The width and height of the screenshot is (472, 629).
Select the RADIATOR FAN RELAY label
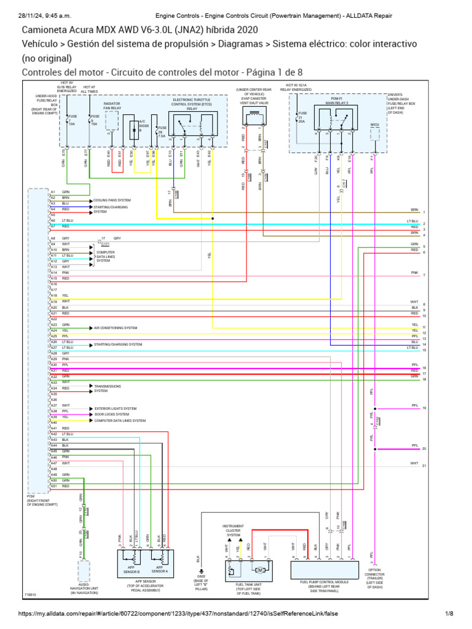point(112,106)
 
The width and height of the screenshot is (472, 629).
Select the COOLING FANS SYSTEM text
point(112,200)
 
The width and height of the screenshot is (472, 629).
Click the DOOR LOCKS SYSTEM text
point(112,415)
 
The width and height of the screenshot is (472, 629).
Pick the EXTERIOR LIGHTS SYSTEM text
point(116,408)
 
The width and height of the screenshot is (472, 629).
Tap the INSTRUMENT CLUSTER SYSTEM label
point(234,530)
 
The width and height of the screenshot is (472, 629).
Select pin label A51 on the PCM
point(53,486)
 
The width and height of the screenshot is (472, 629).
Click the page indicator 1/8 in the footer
point(449,614)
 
